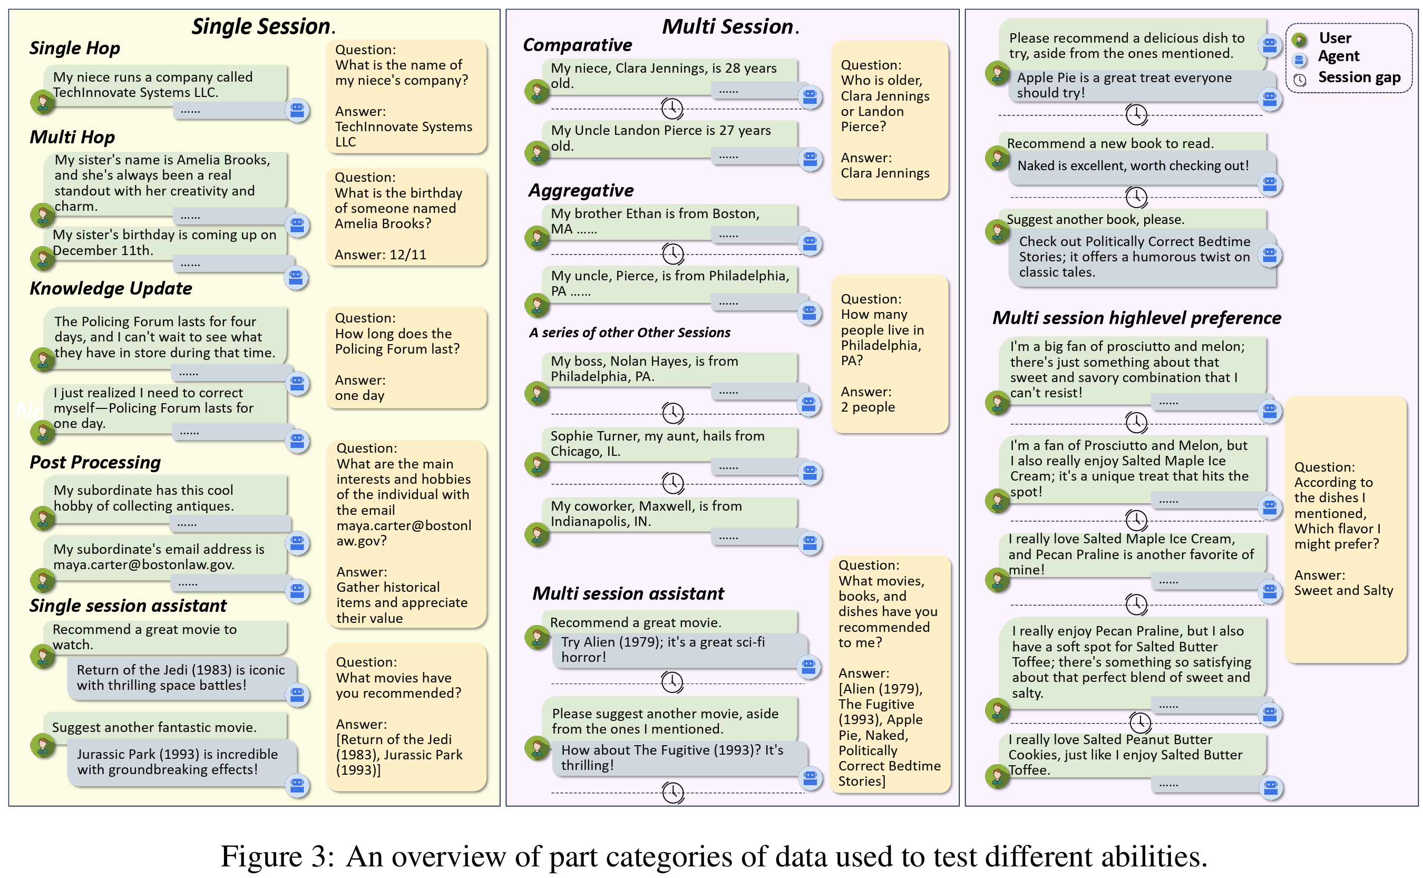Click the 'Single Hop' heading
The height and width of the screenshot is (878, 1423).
75,48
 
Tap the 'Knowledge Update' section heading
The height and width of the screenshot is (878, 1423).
110,289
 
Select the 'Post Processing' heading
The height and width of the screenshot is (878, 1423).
95,462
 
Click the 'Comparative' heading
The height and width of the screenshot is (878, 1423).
577,45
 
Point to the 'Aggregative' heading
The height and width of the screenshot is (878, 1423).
581,190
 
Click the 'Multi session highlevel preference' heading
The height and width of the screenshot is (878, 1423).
1136,318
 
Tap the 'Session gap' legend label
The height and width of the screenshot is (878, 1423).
1359,77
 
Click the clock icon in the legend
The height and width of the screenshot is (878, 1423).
1299,80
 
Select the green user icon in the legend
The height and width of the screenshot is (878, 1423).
1299,40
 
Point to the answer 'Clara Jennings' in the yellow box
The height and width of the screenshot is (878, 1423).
884,173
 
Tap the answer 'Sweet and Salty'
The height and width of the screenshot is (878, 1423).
1343,591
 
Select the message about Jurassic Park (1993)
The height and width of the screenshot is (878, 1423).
177,762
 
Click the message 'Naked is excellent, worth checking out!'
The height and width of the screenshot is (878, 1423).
1132,166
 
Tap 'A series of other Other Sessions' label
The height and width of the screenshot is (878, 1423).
629,333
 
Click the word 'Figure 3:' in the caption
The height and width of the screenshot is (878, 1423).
278,856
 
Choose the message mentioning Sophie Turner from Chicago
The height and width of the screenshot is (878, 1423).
657,444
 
